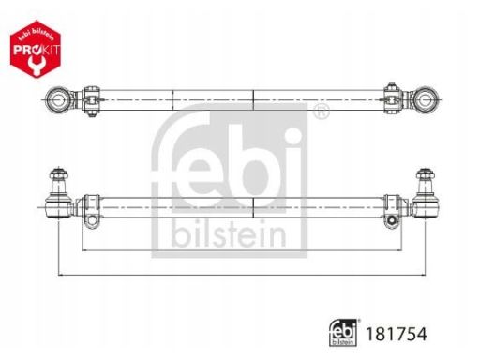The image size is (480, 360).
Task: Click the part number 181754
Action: pyautogui.click(x=396, y=334)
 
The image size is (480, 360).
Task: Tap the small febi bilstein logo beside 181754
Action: pyautogui.click(x=343, y=333)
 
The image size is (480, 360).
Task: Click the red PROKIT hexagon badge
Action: pyautogui.click(x=36, y=49)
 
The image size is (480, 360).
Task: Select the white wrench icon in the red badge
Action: pyautogui.click(x=35, y=65)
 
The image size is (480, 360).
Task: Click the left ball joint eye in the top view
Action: pyautogui.click(x=57, y=100)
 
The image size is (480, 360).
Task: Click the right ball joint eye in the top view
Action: pyautogui.click(x=425, y=100)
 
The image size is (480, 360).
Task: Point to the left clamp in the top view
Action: pyautogui.click(x=91, y=100)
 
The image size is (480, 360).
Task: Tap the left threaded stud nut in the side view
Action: pyautogui.click(x=59, y=173)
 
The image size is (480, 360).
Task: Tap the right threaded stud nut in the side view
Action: pyautogui.click(x=426, y=173)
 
